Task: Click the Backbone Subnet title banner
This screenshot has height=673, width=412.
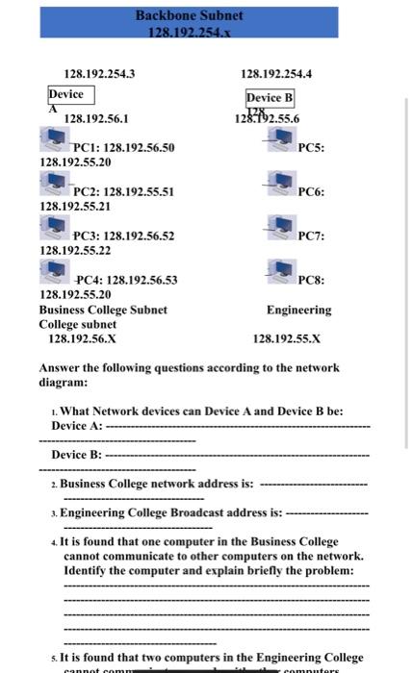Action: [x=189, y=22]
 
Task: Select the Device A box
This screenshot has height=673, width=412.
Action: [x=66, y=94]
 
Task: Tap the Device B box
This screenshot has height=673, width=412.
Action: [x=270, y=98]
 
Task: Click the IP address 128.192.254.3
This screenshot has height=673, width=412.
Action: [x=99, y=73]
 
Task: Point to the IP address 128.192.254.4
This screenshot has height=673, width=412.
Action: [x=276, y=73]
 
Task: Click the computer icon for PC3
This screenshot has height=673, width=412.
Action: [x=54, y=229]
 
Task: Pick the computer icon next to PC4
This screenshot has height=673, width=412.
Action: [x=54, y=273]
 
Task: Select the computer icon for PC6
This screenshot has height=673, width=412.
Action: [x=281, y=185]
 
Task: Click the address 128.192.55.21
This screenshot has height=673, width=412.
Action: [x=75, y=207]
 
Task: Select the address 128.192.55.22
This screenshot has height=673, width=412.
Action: [x=75, y=250]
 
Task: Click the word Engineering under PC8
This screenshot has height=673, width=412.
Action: [x=298, y=310]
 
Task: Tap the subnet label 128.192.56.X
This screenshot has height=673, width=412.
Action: [x=82, y=338]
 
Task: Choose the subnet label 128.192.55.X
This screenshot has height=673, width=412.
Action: [x=286, y=338]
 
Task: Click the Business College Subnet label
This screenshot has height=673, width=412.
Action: [x=103, y=310]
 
